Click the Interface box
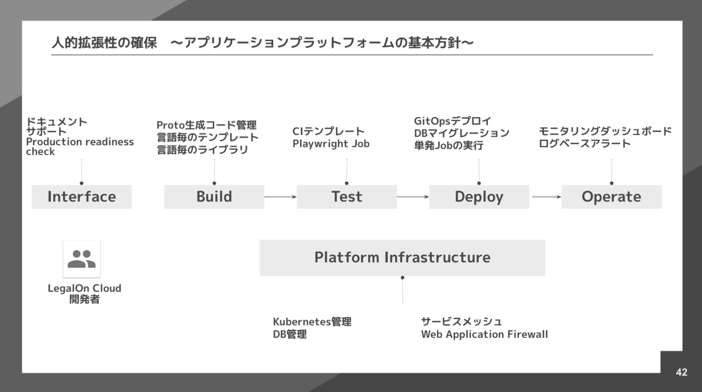(x=81, y=197)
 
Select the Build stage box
(x=214, y=197)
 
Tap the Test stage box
(x=346, y=197)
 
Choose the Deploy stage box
(x=479, y=197)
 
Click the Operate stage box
(x=611, y=197)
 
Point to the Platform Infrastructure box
(x=402, y=257)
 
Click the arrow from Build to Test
(x=280, y=197)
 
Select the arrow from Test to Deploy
(x=412, y=197)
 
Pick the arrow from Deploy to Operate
(x=545, y=197)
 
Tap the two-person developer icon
(x=81, y=259)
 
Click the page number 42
(x=681, y=372)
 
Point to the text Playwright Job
(x=331, y=144)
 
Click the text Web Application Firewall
(x=484, y=335)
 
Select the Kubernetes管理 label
(x=312, y=322)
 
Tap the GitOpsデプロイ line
(x=452, y=121)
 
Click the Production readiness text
(x=80, y=142)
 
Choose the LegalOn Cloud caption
(x=84, y=288)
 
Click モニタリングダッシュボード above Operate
(x=605, y=131)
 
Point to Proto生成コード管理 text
(x=206, y=125)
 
